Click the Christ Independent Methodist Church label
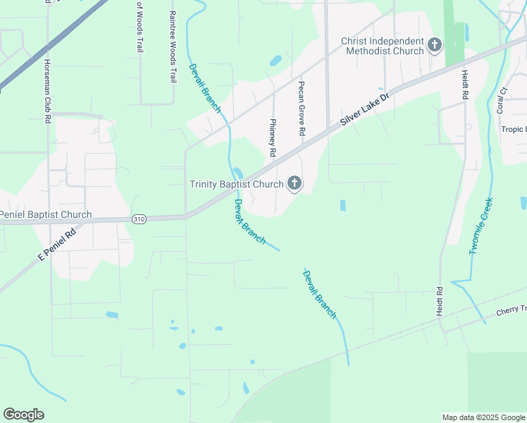(383, 46)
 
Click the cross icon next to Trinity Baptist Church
(294, 185)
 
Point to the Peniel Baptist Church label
(46, 214)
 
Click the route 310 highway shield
(139, 220)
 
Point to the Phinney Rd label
(272, 137)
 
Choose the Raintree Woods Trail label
(172, 47)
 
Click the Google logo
(23, 415)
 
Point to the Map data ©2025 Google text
(483, 417)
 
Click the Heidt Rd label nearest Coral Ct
(465, 85)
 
